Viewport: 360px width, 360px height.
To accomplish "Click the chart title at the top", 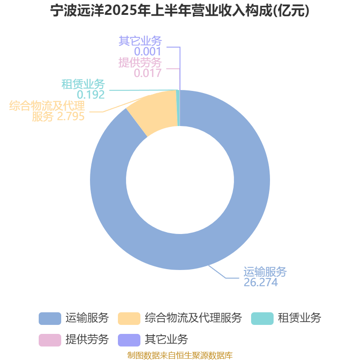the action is [180, 10].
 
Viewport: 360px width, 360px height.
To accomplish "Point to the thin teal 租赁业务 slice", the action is [178, 108].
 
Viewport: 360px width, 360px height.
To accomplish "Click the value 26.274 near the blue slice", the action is [261, 283].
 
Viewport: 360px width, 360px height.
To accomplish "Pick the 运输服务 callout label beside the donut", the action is [265, 272].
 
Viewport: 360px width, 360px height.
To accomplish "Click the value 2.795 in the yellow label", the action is [71, 117].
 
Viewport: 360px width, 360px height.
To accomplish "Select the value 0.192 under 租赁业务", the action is [91, 94].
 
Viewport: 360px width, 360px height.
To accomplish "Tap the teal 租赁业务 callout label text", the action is [83, 84].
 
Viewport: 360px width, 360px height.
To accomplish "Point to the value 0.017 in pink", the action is [148, 73].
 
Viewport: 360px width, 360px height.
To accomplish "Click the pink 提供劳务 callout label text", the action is [140, 63].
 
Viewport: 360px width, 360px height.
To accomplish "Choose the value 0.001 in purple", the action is [148, 51].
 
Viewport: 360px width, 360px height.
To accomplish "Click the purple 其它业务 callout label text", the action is [140, 41].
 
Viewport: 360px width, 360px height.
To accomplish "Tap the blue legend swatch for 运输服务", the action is [50, 319].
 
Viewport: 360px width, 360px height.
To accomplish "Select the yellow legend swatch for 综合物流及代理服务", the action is [129, 319].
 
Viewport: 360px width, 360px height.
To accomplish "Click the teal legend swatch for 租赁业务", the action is [262, 319].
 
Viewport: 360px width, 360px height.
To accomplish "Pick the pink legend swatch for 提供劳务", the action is [50, 340].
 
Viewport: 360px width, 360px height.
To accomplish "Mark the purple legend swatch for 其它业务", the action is [129, 340].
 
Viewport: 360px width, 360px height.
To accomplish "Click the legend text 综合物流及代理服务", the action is [193, 318].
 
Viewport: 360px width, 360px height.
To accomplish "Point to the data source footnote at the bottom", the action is [180, 355].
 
